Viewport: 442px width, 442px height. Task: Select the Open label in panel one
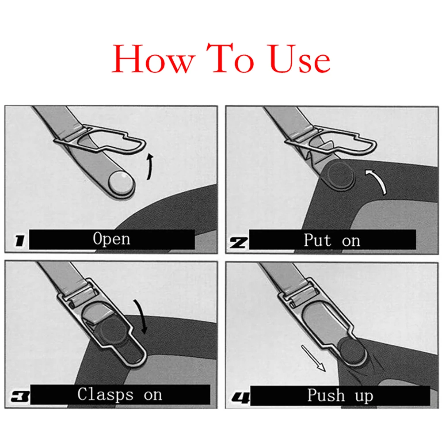click(111, 239)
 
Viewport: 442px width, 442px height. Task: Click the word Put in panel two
click(317, 240)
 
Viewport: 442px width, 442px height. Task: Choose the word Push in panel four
click(326, 396)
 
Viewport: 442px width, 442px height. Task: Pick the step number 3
click(19, 397)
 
